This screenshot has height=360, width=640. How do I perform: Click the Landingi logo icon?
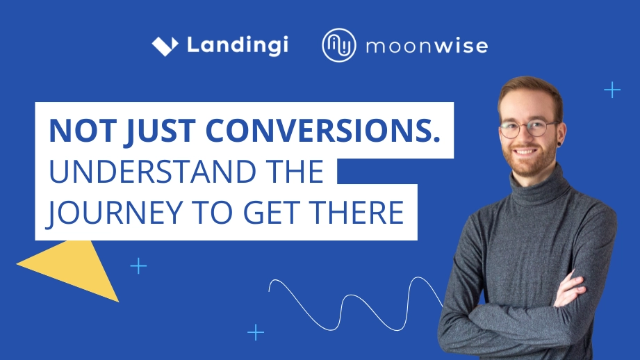click(165, 46)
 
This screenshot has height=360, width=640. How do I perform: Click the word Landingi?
click(237, 46)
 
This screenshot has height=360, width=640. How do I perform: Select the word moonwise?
click(426, 47)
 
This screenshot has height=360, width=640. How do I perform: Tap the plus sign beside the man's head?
click(612, 90)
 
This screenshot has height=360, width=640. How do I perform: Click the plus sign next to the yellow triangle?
click(139, 265)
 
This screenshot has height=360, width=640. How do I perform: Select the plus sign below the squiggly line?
click(256, 332)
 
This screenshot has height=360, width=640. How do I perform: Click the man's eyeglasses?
click(528, 129)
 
